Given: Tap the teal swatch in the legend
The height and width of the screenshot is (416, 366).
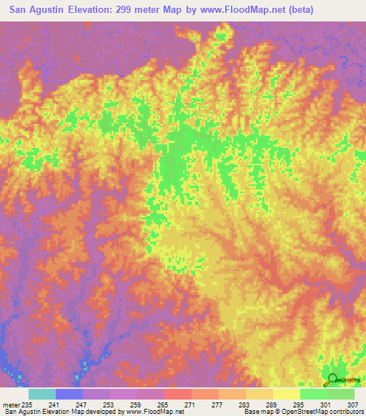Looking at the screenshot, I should [42, 394].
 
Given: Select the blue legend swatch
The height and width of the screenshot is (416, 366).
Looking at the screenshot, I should [69, 394].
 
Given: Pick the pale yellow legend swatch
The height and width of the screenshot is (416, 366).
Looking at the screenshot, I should [286, 394].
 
